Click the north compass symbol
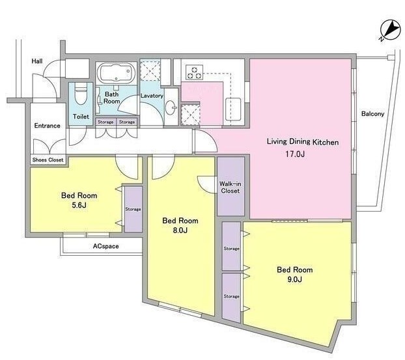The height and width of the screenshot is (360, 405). tap(389, 30)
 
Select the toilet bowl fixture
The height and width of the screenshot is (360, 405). tap(81, 94)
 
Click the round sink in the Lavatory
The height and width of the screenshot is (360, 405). tap(171, 107)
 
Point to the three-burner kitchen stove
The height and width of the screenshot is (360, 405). tap(195, 72)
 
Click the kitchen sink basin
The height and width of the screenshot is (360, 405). tap(233, 109)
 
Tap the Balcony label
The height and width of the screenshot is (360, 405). tap(372, 114)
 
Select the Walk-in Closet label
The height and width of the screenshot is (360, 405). tap(230, 187)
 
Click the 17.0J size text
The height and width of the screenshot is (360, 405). tap(295, 154)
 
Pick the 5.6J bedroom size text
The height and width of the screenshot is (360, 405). tap(79, 205)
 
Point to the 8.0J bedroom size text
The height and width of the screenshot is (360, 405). tap(180, 230)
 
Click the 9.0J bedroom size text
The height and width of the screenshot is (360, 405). tap(294, 279)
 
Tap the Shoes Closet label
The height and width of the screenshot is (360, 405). tap(48, 160)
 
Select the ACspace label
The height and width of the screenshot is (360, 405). tap(106, 246)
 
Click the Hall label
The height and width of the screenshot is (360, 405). tap(37, 61)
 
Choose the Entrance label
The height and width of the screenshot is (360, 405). tap(48, 126)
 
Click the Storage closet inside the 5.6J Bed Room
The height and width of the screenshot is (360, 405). tap(133, 209)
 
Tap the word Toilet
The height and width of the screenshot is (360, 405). tap(81, 117)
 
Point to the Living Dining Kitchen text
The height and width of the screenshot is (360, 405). tap(303, 142)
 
